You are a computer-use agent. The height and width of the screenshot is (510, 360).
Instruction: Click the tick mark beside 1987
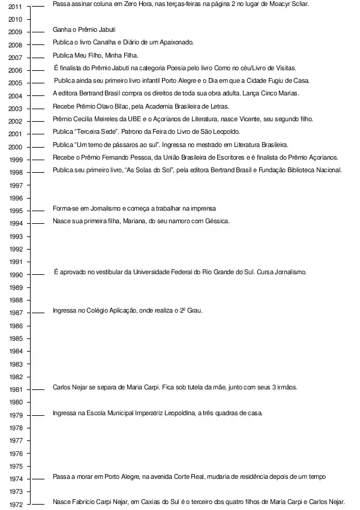pos(37,313)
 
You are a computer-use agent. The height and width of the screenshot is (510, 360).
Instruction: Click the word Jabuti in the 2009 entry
pos(105,29)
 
